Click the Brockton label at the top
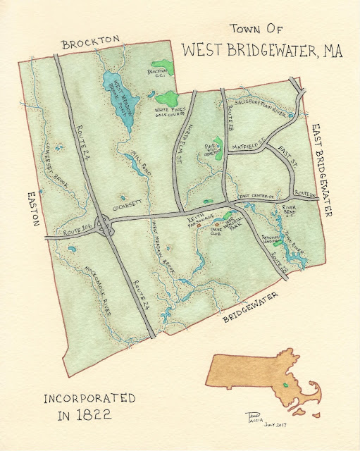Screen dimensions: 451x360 (x=92, y=44)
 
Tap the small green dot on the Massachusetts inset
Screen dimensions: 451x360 (x=285, y=385)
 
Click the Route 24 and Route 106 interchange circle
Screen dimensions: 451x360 (x=105, y=226)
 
